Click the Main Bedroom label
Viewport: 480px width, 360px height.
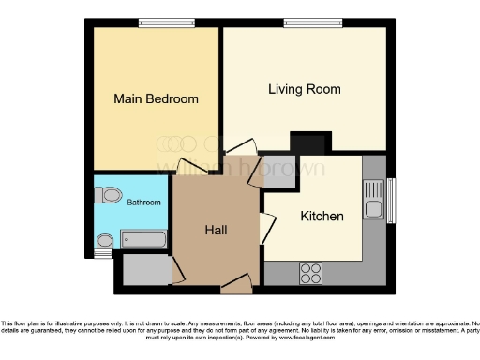[x=156, y=98]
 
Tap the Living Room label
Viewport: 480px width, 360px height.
[x=304, y=90]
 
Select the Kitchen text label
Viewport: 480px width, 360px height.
[x=322, y=217]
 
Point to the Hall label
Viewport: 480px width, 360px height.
[x=217, y=229]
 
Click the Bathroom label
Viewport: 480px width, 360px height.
[x=144, y=202]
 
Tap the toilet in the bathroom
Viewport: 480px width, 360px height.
[x=108, y=196]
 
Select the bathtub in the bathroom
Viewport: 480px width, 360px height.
[x=143, y=241]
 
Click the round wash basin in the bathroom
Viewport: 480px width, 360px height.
[x=104, y=241]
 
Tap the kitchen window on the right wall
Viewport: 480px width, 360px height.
[x=391, y=200]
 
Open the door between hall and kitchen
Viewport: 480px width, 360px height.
[x=267, y=228]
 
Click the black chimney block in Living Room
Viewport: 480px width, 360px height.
[x=308, y=142]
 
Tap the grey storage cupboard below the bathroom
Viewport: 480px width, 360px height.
[x=143, y=269]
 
